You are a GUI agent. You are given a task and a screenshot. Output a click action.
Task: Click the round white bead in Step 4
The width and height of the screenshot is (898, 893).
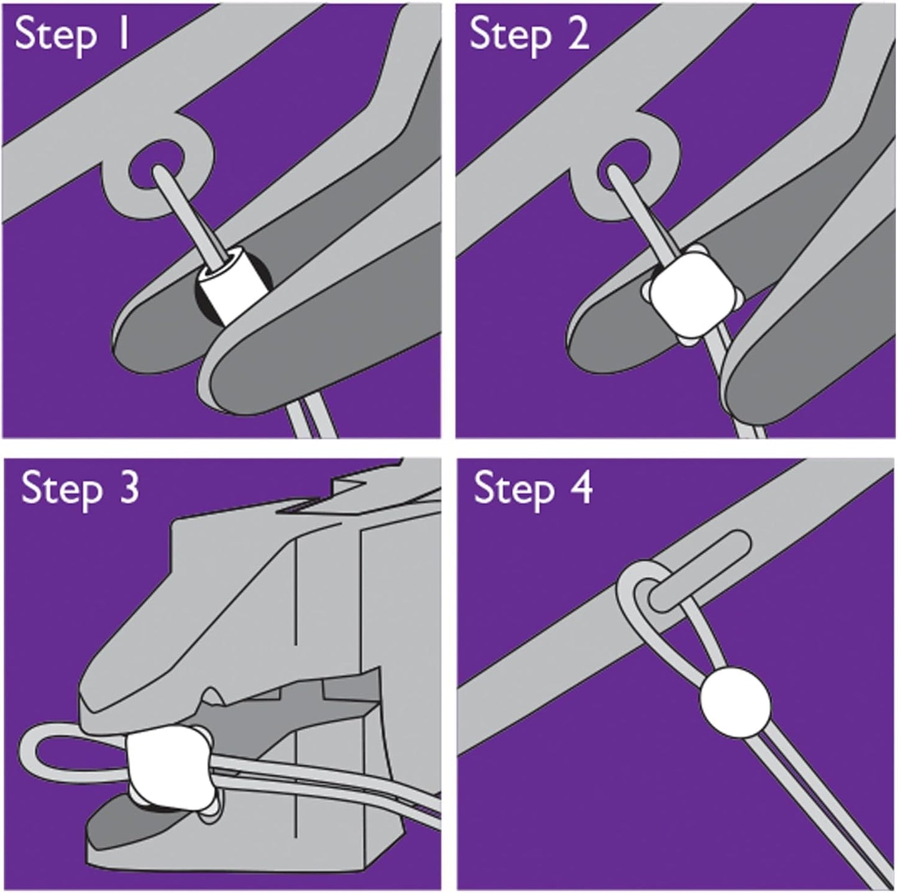click(x=735, y=702)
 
